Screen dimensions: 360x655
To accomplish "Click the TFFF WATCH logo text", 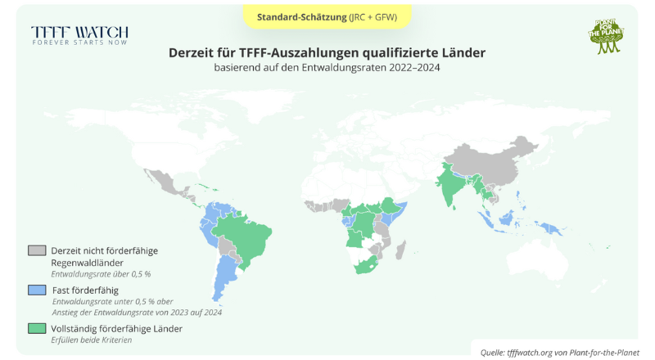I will pos(79,32).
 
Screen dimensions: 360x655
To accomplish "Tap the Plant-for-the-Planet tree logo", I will pos(607,36).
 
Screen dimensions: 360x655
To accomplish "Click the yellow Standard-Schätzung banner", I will pos(327,16).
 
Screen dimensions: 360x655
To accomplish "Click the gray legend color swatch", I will pos(37,250).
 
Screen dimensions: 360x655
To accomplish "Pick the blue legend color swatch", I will pos(37,290).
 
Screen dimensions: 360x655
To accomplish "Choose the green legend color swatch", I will pos(37,328).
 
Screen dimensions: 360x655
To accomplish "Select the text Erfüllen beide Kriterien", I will pos(91,340).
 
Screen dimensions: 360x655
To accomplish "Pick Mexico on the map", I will pos(168,183).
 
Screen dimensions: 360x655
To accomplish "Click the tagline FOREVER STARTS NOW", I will pos(79,43).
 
